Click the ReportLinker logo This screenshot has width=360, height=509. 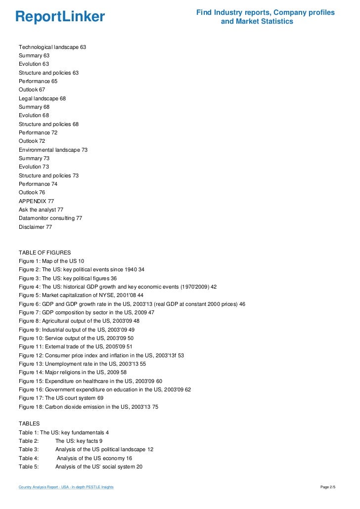[x=60, y=17]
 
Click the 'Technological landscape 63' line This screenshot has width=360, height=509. [x=52, y=47]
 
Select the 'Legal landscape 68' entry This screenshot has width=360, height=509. [x=42, y=98]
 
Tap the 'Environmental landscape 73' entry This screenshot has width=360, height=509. [x=53, y=150]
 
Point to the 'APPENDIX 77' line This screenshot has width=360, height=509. [x=36, y=201]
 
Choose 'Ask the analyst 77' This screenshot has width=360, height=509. [x=41, y=210]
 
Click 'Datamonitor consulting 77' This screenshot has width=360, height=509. [x=50, y=218]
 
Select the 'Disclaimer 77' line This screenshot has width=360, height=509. [x=35, y=227]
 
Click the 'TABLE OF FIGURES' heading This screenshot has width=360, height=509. [x=45, y=253]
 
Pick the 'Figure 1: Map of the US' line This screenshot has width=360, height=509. [x=51, y=261]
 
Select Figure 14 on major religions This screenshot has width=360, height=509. [x=73, y=372]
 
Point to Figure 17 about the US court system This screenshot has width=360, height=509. [x=61, y=398]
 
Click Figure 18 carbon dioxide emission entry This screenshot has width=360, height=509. [x=89, y=407]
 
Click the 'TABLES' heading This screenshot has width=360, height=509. [x=29, y=424]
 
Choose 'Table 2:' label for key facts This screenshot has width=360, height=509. [x=29, y=441]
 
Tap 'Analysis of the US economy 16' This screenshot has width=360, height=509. [x=94, y=458]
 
